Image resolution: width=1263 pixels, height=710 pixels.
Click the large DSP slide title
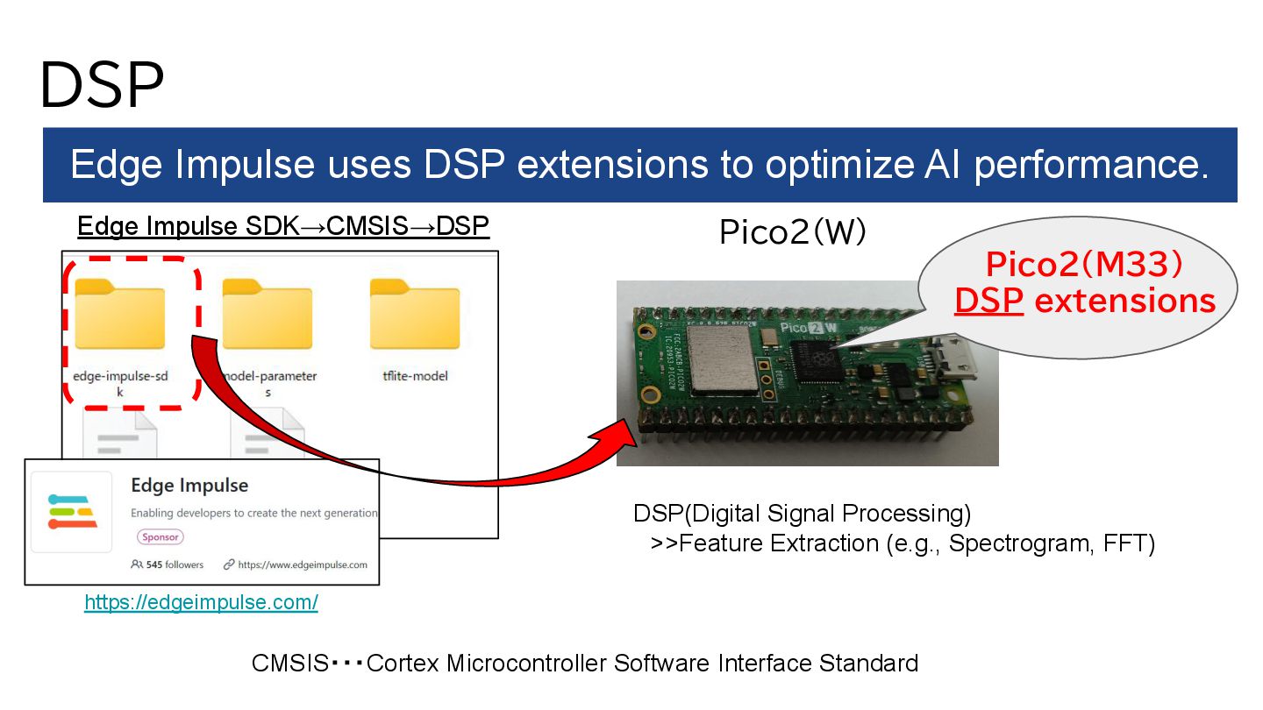101,84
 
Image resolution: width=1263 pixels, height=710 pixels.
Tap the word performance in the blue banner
1091,165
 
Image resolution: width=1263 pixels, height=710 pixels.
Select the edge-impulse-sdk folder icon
120,313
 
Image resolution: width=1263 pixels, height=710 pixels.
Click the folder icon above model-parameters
268,313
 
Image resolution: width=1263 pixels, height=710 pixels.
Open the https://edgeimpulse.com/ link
201,602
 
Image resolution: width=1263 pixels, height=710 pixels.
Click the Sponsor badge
160,536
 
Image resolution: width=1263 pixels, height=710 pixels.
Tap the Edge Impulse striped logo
73,512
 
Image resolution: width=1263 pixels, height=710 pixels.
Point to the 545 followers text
167,564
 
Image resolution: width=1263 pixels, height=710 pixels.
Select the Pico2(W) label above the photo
792,232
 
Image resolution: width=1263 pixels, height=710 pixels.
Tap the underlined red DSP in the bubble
988,301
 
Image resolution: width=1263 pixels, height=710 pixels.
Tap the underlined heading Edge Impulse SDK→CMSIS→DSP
283,227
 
